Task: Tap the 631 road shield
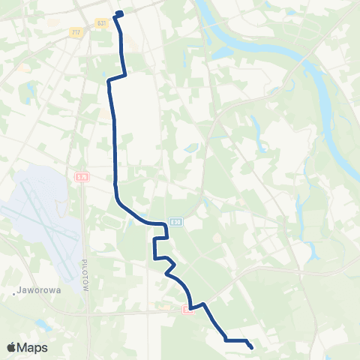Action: point(101,23)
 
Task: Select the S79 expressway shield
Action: point(82,177)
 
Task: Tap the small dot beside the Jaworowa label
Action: point(15,292)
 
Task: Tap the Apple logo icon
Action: point(12,348)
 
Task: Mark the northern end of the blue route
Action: point(119,13)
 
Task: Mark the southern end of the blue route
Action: point(250,347)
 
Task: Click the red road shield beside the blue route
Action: point(187,310)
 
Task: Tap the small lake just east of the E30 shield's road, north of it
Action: point(192,148)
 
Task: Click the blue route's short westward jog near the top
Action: point(117,77)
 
